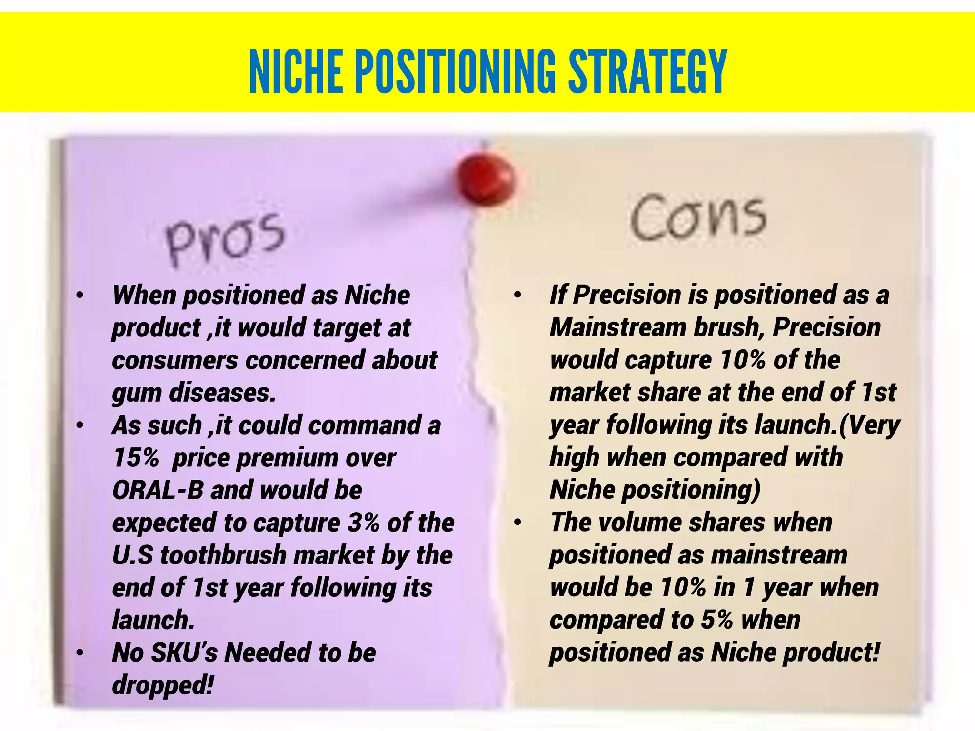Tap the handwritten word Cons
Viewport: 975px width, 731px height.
698,218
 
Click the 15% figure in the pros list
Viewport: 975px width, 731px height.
135,458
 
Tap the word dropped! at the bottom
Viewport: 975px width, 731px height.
162,685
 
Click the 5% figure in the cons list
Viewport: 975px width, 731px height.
717,620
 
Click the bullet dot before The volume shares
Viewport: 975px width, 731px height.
518,523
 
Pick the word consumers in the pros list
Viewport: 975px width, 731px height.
175,360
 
